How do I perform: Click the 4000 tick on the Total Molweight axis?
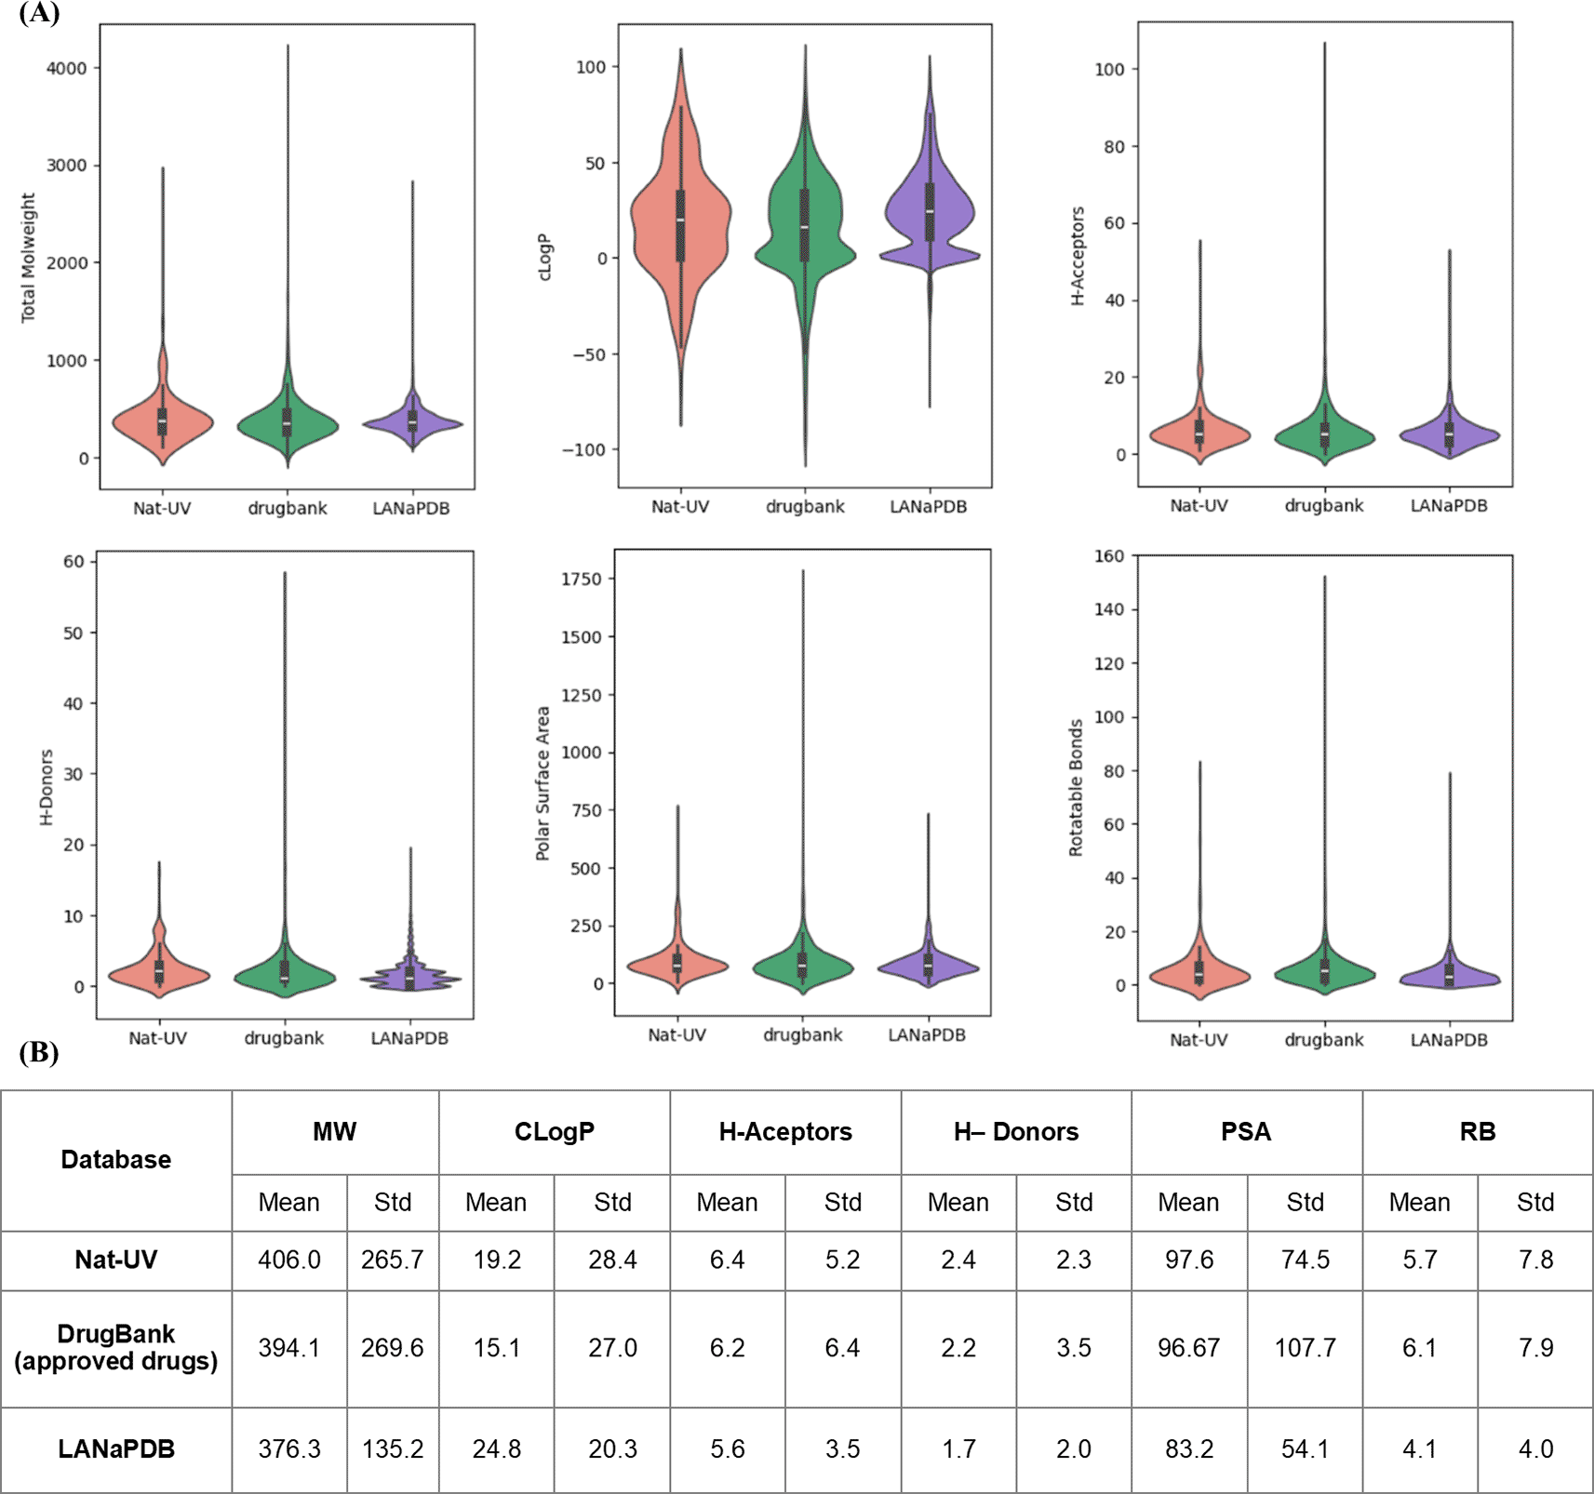(x=67, y=68)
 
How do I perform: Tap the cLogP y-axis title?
(x=545, y=257)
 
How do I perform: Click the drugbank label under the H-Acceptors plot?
(x=1323, y=506)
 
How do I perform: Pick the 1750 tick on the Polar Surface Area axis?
(x=582, y=579)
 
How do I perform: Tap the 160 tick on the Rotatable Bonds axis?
(x=1109, y=556)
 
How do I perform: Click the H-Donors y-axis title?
(x=47, y=787)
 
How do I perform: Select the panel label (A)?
(x=39, y=13)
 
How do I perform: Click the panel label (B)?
(x=39, y=1052)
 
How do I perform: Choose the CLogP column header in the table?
(x=554, y=1131)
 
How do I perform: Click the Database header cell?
(x=116, y=1159)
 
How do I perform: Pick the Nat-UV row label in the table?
(x=116, y=1260)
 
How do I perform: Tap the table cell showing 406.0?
(x=289, y=1260)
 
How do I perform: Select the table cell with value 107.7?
(x=1305, y=1348)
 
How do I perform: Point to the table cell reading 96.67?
(x=1188, y=1348)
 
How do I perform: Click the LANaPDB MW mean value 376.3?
(x=289, y=1449)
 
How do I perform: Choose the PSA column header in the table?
(x=1246, y=1131)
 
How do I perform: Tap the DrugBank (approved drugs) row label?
(x=116, y=1348)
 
